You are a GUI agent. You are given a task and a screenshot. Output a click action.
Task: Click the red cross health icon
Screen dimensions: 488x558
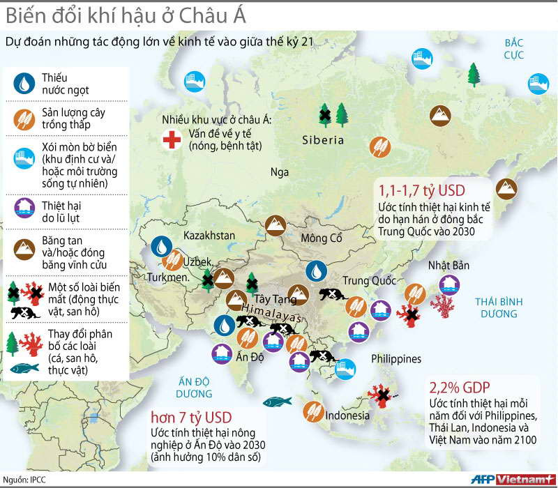tap(170, 139)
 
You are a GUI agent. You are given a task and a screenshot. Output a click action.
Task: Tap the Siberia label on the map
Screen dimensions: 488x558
tap(323, 140)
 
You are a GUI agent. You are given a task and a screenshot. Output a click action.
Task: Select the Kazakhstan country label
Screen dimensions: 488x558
tap(209, 236)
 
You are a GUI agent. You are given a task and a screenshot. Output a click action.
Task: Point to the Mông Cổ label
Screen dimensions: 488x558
tap(322, 238)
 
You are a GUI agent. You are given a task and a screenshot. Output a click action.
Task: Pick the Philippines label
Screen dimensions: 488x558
tap(396, 359)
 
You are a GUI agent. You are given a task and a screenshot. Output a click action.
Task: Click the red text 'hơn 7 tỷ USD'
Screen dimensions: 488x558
tap(190, 418)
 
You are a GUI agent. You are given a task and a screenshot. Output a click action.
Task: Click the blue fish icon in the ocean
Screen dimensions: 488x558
tap(276, 402)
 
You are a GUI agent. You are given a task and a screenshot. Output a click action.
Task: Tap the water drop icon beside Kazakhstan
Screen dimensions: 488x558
tap(162, 245)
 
